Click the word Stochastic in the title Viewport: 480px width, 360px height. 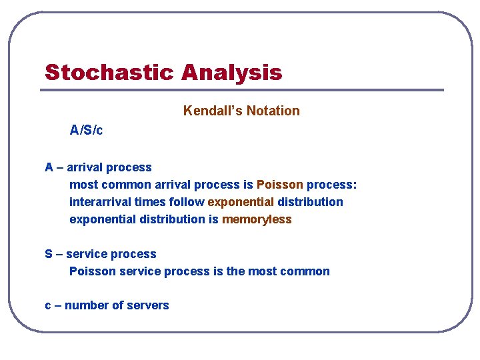pos(109,72)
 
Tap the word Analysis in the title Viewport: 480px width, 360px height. pos(232,73)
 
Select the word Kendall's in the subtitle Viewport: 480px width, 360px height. pos(213,111)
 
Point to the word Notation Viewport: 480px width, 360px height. pos(273,111)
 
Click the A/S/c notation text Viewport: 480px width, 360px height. pos(86,130)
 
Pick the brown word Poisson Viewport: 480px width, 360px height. pos(280,185)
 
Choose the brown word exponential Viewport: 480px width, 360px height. pos(241,203)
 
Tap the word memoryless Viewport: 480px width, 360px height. pos(257,219)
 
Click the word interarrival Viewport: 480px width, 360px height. pos(101,202)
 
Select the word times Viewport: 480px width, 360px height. pos(150,202)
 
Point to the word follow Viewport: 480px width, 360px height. pos(187,202)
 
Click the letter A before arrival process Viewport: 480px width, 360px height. pos(49,167)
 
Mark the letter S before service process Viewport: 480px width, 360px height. pos(49,254)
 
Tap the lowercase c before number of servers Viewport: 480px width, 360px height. pos(48,305)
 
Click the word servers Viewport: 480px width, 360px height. pos(148,305)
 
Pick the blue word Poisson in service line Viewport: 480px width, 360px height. pos(93,271)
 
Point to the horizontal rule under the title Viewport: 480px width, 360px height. pos(242,90)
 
